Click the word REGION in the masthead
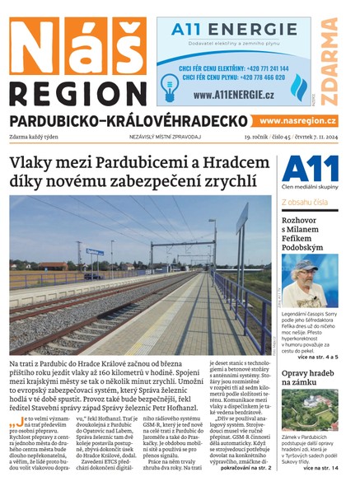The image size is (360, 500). pos(77,91)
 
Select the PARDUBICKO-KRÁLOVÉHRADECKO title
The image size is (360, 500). pos(129,121)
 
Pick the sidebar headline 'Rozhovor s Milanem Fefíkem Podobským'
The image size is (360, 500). pos(305,234)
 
